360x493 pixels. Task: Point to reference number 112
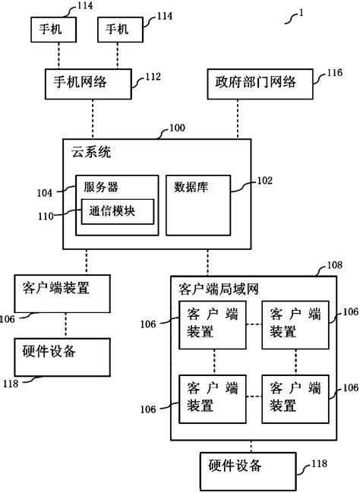(153, 76)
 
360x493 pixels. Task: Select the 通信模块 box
(117, 211)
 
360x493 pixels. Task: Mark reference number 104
(46, 193)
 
